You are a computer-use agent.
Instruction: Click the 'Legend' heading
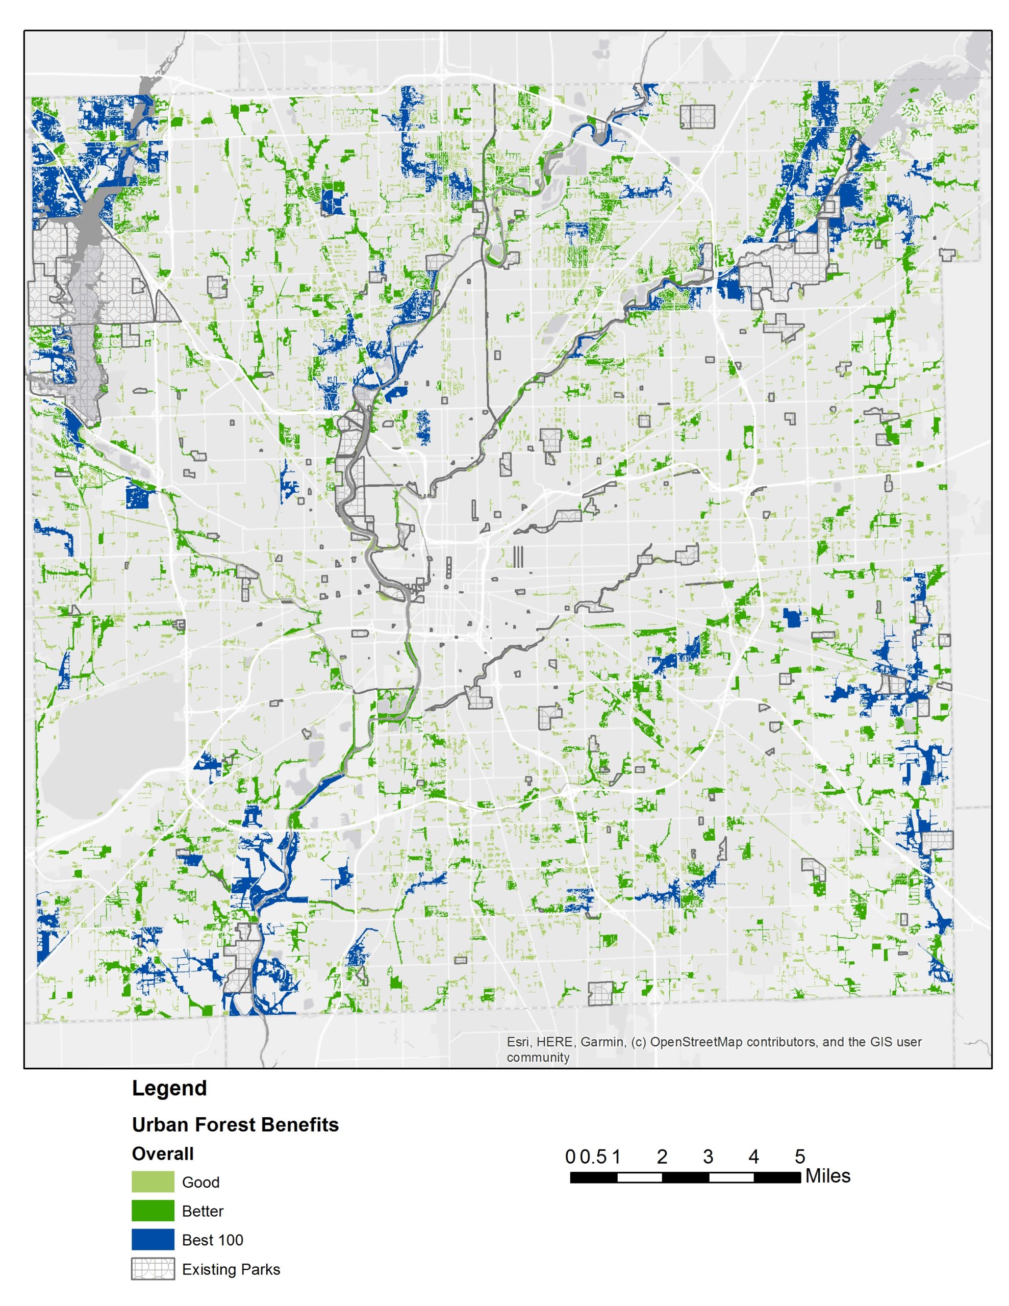[169, 1088]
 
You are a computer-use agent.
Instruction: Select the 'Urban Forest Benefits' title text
[235, 1125]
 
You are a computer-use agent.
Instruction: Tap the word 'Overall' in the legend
[163, 1153]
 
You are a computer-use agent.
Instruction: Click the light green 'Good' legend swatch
[153, 1182]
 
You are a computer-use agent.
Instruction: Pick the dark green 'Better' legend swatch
[153, 1211]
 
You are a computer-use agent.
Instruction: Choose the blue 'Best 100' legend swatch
[153, 1240]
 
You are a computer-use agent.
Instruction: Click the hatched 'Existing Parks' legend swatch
[153, 1269]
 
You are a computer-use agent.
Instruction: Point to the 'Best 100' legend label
[212, 1240]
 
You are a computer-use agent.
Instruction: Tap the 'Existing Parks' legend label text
[231, 1269]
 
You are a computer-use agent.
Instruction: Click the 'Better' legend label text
[202, 1212]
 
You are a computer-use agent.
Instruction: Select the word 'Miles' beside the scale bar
[827, 1176]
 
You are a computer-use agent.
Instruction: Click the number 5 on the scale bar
[800, 1157]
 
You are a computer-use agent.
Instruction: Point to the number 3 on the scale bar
[708, 1157]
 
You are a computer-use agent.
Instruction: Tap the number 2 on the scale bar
[662, 1157]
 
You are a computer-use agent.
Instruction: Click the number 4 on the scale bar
[753, 1157]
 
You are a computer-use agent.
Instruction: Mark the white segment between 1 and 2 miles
[639, 1177]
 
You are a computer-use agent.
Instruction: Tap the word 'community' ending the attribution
[538, 1057]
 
